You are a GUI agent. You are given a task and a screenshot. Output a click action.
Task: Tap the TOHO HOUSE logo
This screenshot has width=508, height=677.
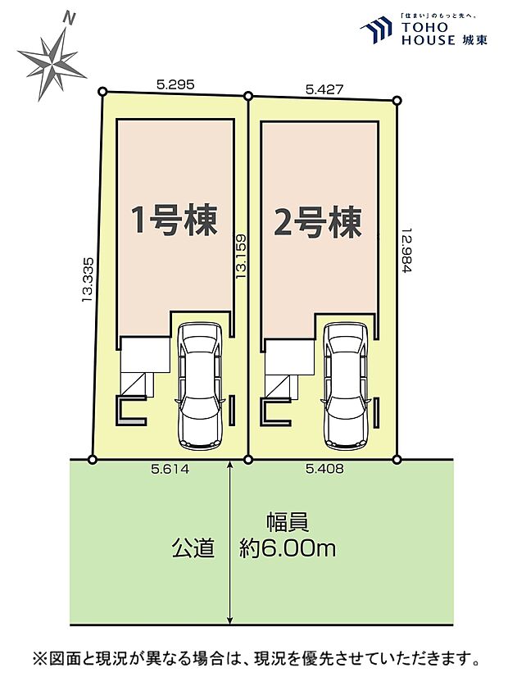(x=423, y=31)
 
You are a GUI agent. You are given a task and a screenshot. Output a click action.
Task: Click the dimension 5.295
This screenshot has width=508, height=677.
(x=174, y=84)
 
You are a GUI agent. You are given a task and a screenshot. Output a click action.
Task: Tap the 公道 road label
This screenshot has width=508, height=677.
(x=193, y=548)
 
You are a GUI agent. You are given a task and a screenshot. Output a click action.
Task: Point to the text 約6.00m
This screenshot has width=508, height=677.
(x=288, y=548)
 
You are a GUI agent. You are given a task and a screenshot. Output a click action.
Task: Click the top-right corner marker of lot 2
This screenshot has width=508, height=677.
(x=397, y=101)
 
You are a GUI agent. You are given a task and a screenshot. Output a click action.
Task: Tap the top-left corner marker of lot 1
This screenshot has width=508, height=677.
(x=102, y=92)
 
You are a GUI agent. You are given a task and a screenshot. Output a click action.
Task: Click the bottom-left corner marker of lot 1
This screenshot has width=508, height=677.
(x=93, y=459)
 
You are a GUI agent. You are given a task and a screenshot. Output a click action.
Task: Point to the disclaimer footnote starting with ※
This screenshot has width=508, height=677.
(x=255, y=658)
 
